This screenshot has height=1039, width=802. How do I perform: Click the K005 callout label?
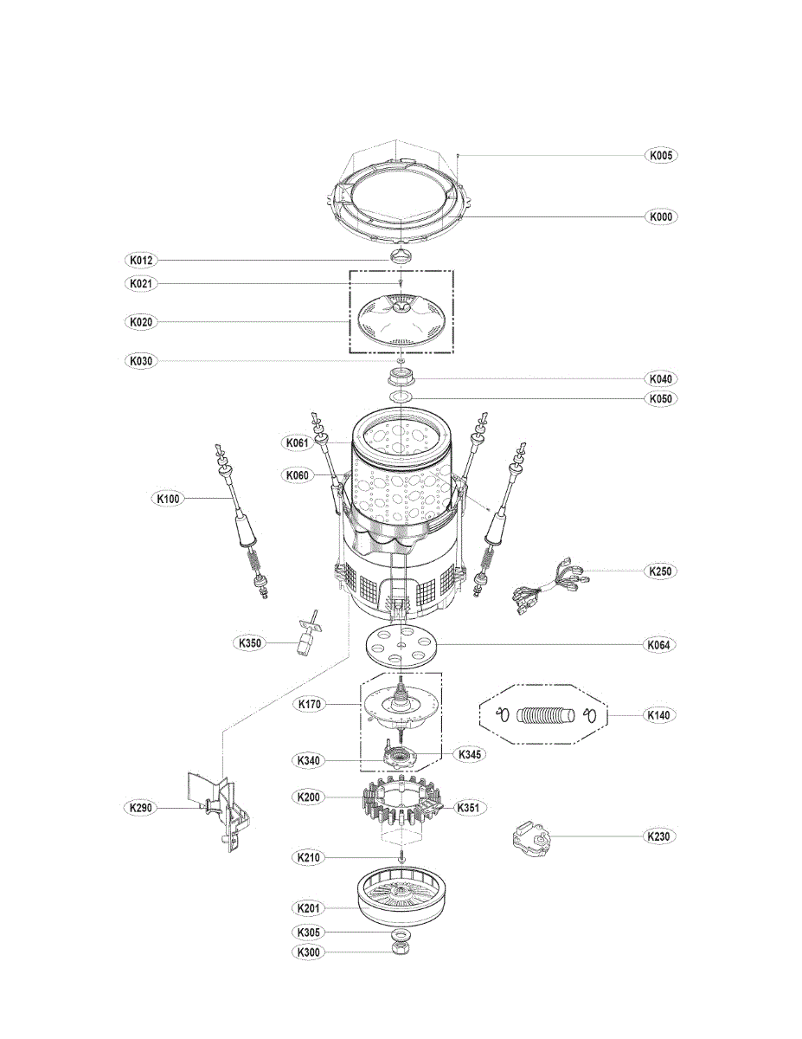[x=661, y=156]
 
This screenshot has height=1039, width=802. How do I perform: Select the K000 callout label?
[x=661, y=216]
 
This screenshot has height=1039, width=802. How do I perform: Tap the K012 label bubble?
[x=140, y=260]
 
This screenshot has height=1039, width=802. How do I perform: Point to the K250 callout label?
[x=661, y=571]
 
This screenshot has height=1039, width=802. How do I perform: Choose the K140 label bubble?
[x=661, y=715]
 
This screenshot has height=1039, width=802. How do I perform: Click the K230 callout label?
[x=661, y=836]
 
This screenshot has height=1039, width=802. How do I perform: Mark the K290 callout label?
[x=140, y=807]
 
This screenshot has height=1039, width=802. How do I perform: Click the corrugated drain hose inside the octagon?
[x=545, y=715]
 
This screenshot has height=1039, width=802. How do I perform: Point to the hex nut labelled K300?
[x=401, y=951]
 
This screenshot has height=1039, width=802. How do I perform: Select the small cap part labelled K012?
[x=401, y=255]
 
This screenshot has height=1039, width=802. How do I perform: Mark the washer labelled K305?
[x=401, y=933]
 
